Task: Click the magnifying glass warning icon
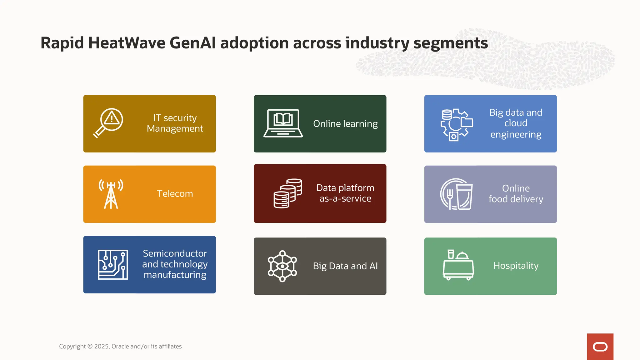pyautogui.click(x=108, y=123)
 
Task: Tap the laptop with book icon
pyautogui.click(x=283, y=123)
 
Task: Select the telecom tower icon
pyautogui.click(x=111, y=194)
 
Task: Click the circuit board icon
pyautogui.click(x=113, y=264)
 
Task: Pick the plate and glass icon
pyautogui.click(x=456, y=194)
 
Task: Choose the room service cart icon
pyautogui.click(x=458, y=265)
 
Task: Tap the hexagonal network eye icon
pyautogui.click(x=282, y=266)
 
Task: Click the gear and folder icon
pyautogui.click(x=456, y=124)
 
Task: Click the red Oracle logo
pyautogui.click(x=600, y=347)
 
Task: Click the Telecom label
pyautogui.click(x=175, y=194)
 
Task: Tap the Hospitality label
pyautogui.click(x=516, y=266)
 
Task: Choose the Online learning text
pyautogui.click(x=345, y=124)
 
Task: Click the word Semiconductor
pyautogui.click(x=175, y=253)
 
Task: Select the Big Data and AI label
pyautogui.click(x=345, y=266)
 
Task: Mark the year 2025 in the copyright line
pyautogui.click(x=102, y=346)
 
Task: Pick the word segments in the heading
pyautogui.click(x=451, y=43)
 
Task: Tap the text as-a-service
pyautogui.click(x=345, y=199)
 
